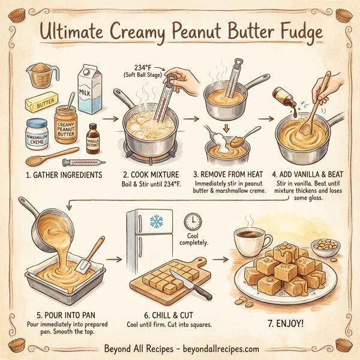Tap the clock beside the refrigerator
(x=193, y=221)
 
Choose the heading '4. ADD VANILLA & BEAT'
(x=306, y=175)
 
